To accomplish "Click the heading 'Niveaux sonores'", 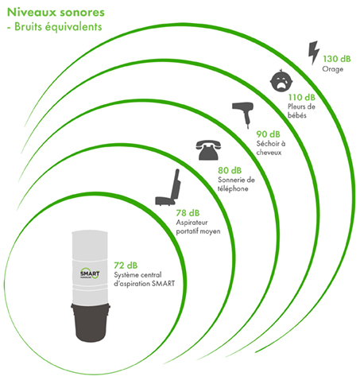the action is [x=56, y=13].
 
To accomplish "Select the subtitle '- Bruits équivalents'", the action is [x=55, y=27].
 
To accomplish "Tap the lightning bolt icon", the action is [x=314, y=52].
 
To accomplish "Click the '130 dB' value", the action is [x=337, y=59].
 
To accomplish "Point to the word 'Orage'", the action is [x=333, y=69].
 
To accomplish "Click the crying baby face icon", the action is [x=281, y=80].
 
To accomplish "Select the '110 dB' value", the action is [x=302, y=98].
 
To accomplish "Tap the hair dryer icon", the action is [x=243, y=114].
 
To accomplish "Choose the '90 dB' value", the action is [x=268, y=134].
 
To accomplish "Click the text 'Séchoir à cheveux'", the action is [x=271, y=148].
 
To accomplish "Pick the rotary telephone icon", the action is [x=208, y=150].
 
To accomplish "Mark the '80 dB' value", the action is [x=230, y=170].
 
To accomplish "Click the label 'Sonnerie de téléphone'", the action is [x=236, y=184].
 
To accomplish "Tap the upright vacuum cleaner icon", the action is [x=168, y=188].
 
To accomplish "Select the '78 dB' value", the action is [x=188, y=213].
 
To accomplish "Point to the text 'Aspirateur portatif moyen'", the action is [x=198, y=227].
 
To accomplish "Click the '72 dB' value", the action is [x=126, y=266].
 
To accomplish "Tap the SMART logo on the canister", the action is [x=90, y=273].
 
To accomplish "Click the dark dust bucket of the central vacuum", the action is [x=91, y=322].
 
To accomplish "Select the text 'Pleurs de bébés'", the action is [x=301, y=111].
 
